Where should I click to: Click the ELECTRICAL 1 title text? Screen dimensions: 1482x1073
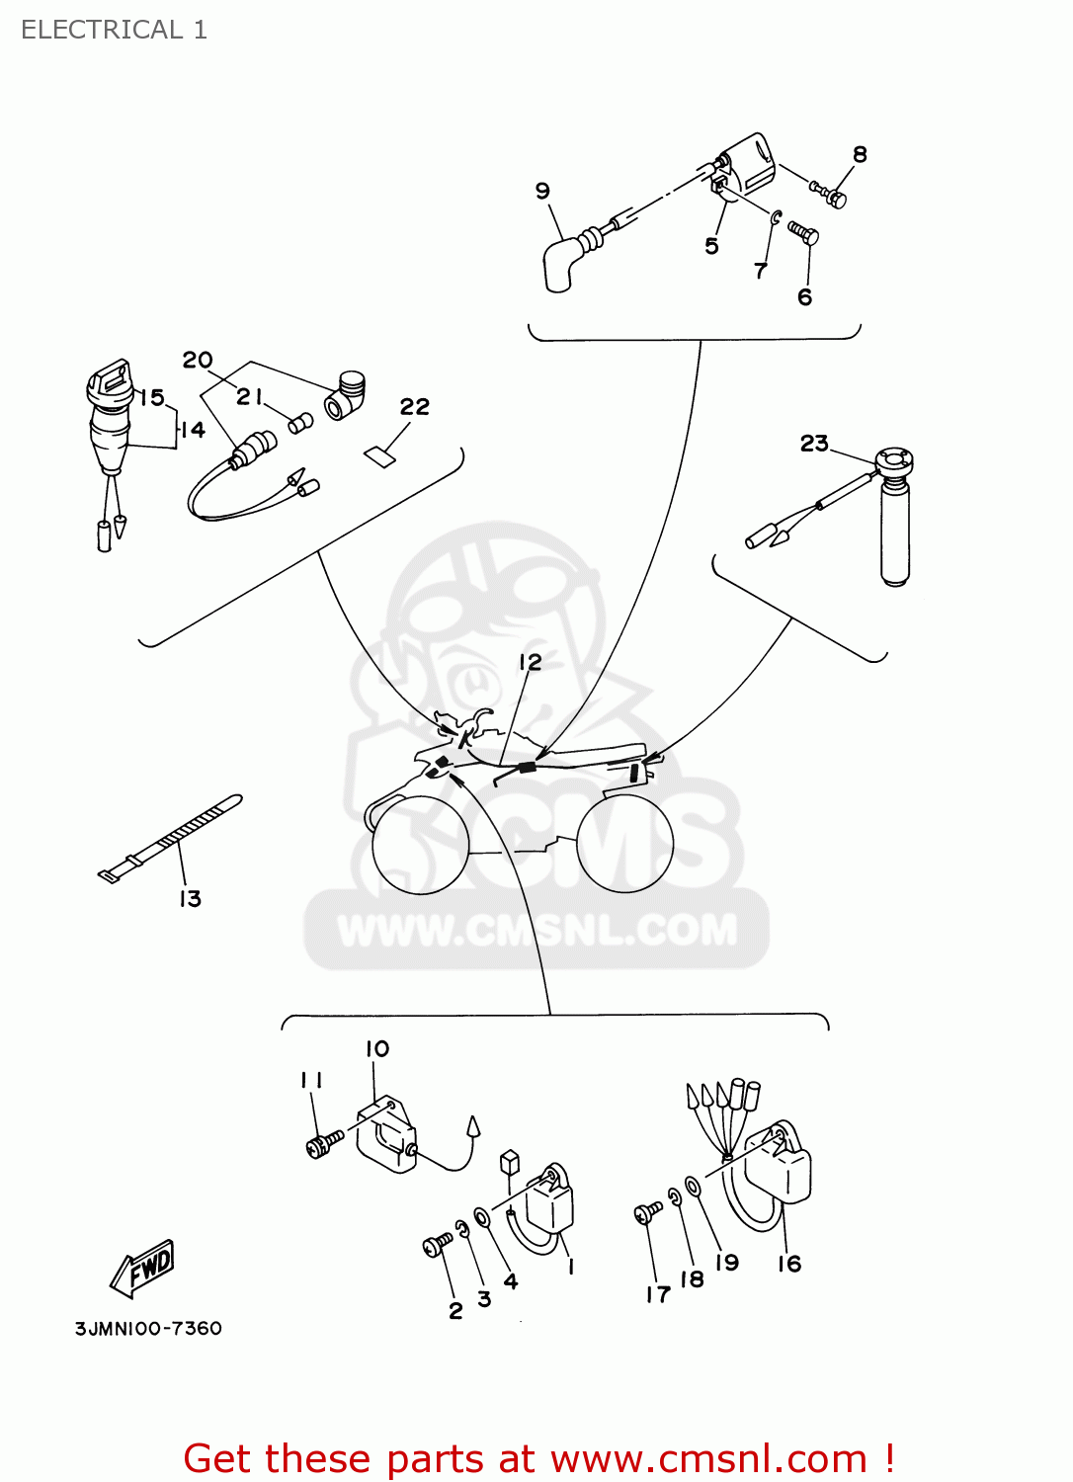(114, 30)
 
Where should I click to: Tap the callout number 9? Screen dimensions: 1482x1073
(542, 191)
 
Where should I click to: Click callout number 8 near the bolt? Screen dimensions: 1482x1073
(860, 154)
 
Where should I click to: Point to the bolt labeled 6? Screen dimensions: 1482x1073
(803, 233)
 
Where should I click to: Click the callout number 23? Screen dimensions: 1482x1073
(814, 444)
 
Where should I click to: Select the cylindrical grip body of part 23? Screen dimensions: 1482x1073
(894, 534)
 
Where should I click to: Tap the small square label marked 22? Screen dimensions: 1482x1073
(379, 454)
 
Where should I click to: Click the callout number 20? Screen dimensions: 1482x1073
(198, 360)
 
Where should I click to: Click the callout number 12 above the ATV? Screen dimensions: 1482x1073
(531, 662)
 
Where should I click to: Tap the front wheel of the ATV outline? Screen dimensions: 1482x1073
(420, 846)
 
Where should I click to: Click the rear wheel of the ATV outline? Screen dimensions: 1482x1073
(624, 845)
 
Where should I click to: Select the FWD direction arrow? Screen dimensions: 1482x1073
(144, 1269)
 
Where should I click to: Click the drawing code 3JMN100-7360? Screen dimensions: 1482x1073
(148, 1329)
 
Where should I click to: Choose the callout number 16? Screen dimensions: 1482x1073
(789, 1264)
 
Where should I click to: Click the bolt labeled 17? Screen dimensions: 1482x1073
(648, 1212)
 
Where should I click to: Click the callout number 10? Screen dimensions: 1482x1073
(377, 1048)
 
